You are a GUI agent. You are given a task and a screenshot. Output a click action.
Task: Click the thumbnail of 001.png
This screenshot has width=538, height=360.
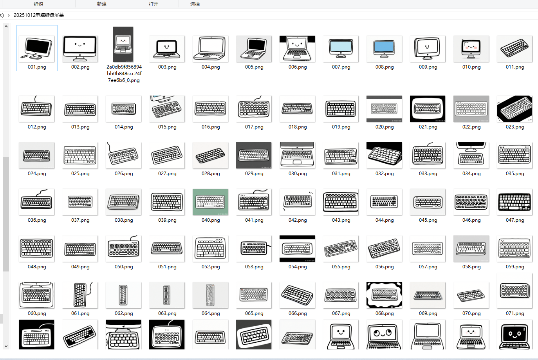click(x=37, y=48)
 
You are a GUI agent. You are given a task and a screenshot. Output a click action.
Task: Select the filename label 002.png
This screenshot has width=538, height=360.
click(x=80, y=67)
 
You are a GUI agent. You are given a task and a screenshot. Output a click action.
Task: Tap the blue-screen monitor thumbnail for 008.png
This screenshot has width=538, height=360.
click(x=384, y=48)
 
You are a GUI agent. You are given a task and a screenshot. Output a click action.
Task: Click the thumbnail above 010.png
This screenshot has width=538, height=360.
click(x=471, y=48)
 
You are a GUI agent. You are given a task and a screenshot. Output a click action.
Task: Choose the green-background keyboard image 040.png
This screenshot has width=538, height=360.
click(x=210, y=202)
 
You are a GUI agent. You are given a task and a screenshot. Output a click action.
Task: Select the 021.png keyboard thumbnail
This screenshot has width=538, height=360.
click(x=428, y=109)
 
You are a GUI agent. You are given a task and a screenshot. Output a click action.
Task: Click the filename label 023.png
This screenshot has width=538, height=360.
click(x=515, y=127)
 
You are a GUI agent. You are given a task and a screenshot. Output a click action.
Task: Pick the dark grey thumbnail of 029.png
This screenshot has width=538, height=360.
click(x=254, y=155)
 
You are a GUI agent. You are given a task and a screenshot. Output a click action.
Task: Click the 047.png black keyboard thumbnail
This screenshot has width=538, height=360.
click(x=515, y=202)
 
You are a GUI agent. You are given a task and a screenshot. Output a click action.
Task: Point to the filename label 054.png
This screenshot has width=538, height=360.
click(x=298, y=267)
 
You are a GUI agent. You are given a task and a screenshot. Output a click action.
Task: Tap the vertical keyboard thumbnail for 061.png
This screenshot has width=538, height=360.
click(x=80, y=295)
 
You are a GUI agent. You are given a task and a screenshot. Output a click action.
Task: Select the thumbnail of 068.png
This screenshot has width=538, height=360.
click(x=384, y=295)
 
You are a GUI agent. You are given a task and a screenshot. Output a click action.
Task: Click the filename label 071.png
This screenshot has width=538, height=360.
click(x=515, y=313)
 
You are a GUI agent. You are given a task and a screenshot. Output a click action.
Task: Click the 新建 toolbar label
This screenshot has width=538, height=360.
click(x=102, y=4)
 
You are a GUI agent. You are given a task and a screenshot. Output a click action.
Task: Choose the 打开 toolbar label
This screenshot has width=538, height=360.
click(x=153, y=4)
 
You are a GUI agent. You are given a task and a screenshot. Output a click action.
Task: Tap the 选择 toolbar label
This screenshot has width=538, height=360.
click(x=195, y=4)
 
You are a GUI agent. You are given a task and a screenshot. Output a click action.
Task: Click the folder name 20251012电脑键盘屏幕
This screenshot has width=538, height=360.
click(x=39, y=15)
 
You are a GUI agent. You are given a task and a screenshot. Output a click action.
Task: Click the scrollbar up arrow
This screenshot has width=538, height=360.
click(x=6, y=26)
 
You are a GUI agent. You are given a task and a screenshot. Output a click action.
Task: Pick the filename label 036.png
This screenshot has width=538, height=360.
click(x=37, y=220)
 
